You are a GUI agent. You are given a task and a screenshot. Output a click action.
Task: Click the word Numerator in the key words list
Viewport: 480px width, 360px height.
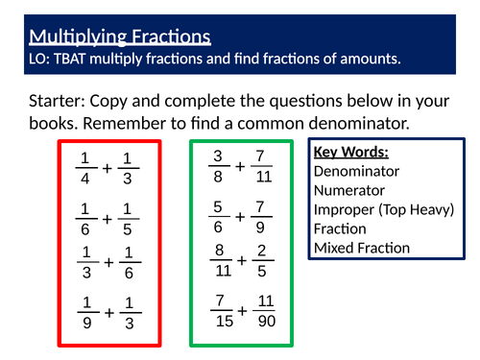point(349,192)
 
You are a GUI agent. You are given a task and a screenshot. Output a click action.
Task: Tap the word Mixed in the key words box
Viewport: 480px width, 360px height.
point(336,249)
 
